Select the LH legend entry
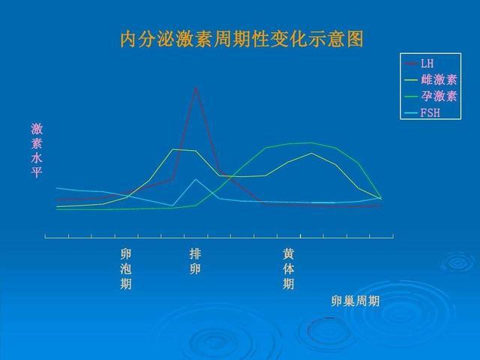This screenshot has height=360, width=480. (427, 63)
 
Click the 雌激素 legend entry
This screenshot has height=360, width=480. (438, 79)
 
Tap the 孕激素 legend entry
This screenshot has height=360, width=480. (438, 96)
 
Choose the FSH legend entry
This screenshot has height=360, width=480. (430, 112)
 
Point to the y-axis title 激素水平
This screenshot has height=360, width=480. (37, 151)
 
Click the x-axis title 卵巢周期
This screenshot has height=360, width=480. (355, 301)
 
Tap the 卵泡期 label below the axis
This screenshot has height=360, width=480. (126, 268)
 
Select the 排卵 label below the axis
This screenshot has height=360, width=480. (195, 261)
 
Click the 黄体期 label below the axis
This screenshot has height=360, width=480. (289, 268)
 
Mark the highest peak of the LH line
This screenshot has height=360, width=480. (196, 88)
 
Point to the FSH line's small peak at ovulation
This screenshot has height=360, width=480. (196, 179)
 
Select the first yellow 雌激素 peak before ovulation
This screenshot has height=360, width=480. (173, 149)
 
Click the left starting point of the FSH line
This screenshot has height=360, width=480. (57, 187)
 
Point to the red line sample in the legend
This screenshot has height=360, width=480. (411, 63)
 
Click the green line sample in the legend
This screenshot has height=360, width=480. (411, 96)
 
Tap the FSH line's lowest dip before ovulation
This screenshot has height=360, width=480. (172, 205)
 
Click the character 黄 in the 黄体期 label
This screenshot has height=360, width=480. (289, 253)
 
